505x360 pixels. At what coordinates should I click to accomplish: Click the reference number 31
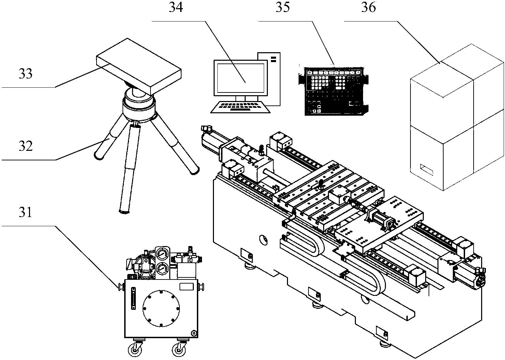(x=25, y=212)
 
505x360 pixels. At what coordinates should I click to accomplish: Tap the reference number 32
(x=26, y=146)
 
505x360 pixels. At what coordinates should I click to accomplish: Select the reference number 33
(x=26, y=74)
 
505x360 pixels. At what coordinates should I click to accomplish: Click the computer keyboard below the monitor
(x=240, y=107)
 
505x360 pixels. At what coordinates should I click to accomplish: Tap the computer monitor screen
(x=241, y=78)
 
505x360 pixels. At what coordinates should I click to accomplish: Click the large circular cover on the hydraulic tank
(x=161, y=308)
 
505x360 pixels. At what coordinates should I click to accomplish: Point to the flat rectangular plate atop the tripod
(x=139, y=67)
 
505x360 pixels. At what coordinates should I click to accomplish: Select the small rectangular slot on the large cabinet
(x=427, y=170)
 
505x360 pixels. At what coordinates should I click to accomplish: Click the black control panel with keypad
(x=333, y=92)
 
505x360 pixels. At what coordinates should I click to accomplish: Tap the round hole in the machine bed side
(x=263, y=240)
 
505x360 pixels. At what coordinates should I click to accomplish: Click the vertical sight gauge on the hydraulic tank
(x=133, y=298)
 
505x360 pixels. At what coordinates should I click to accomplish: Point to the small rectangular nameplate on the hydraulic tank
(x=187, y=287)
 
